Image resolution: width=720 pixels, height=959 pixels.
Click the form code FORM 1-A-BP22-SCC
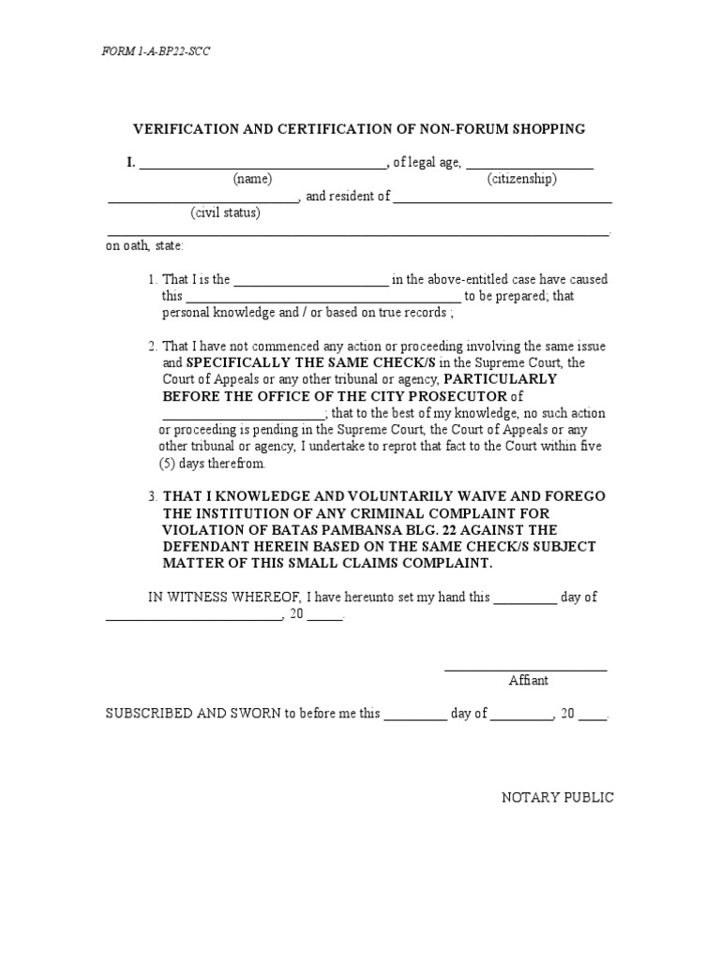(156, 52)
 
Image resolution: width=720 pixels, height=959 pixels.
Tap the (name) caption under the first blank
(252, 179)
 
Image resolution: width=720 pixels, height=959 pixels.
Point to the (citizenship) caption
(521, 179)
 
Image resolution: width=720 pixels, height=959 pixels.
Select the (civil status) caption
(226, 213)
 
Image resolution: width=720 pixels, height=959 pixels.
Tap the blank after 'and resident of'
(502, 201)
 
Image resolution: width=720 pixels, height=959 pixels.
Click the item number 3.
(152, 496)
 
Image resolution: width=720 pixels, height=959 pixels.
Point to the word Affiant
(528, 681)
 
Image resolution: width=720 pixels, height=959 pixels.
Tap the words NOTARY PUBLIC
(558, 798)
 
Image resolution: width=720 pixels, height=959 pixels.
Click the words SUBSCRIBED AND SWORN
(194, 714)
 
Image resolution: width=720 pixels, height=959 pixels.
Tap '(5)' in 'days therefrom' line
(167, 464)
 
